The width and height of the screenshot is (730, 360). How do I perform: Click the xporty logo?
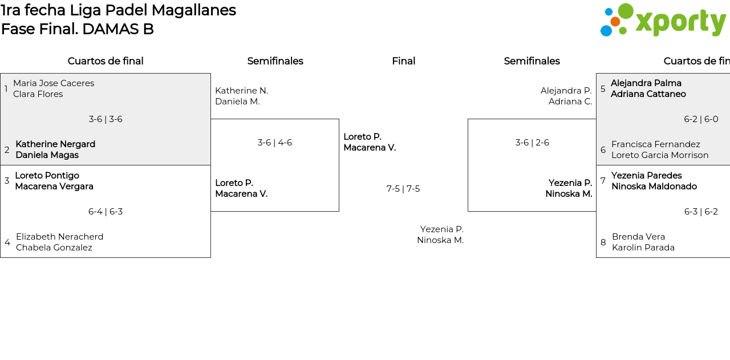663,21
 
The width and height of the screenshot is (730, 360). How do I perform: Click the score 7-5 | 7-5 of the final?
403,189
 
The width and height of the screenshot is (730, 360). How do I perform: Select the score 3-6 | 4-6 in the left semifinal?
274,143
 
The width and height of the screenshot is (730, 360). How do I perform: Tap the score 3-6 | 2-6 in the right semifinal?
532,143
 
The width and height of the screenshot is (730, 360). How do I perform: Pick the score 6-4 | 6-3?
106,212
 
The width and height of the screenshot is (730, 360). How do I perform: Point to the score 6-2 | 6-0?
701,119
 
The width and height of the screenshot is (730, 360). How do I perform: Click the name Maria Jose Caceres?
54,83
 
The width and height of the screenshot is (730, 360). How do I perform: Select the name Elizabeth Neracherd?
59,237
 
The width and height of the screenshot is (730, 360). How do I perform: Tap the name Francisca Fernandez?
655,144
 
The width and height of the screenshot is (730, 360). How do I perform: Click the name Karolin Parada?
643,248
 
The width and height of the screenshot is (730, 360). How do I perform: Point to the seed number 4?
7,242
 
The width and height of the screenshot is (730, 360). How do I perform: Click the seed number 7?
603,181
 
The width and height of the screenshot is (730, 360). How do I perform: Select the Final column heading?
403,61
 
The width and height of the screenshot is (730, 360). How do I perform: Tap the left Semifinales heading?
275,61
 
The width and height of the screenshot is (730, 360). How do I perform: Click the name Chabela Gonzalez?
54,248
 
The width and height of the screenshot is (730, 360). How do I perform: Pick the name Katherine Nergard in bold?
55,144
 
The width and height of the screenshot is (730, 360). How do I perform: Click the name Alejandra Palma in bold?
646,83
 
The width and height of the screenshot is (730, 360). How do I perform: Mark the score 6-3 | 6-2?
701,212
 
